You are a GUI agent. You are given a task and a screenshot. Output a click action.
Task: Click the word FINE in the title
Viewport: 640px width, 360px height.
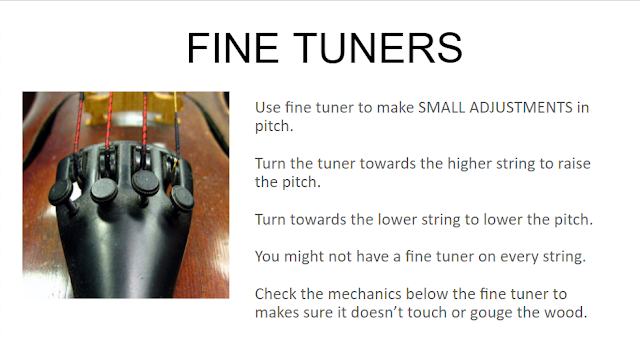pyautogui.click(x=233, y=48)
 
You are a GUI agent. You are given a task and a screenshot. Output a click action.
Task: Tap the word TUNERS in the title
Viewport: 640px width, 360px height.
pyautogui.click(x=378, y=48)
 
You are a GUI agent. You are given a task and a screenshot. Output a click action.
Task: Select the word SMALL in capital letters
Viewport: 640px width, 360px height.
pyautogui.click(x=442, y=107)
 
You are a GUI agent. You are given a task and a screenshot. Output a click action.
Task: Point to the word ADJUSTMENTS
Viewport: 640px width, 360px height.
pyautogui.click(x=521, y=107)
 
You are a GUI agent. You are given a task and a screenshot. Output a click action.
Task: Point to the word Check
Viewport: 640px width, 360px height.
pyautogui.click(x=276, y=294)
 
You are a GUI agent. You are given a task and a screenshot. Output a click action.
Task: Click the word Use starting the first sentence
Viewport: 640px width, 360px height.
pyautogui.click(x=268, y=107)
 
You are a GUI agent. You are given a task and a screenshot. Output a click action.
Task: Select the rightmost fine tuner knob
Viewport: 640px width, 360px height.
pyautogui.click(x=182, y=198)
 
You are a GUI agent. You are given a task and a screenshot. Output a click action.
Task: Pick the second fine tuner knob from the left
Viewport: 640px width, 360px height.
pyautogui.click(x=104, y=190)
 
